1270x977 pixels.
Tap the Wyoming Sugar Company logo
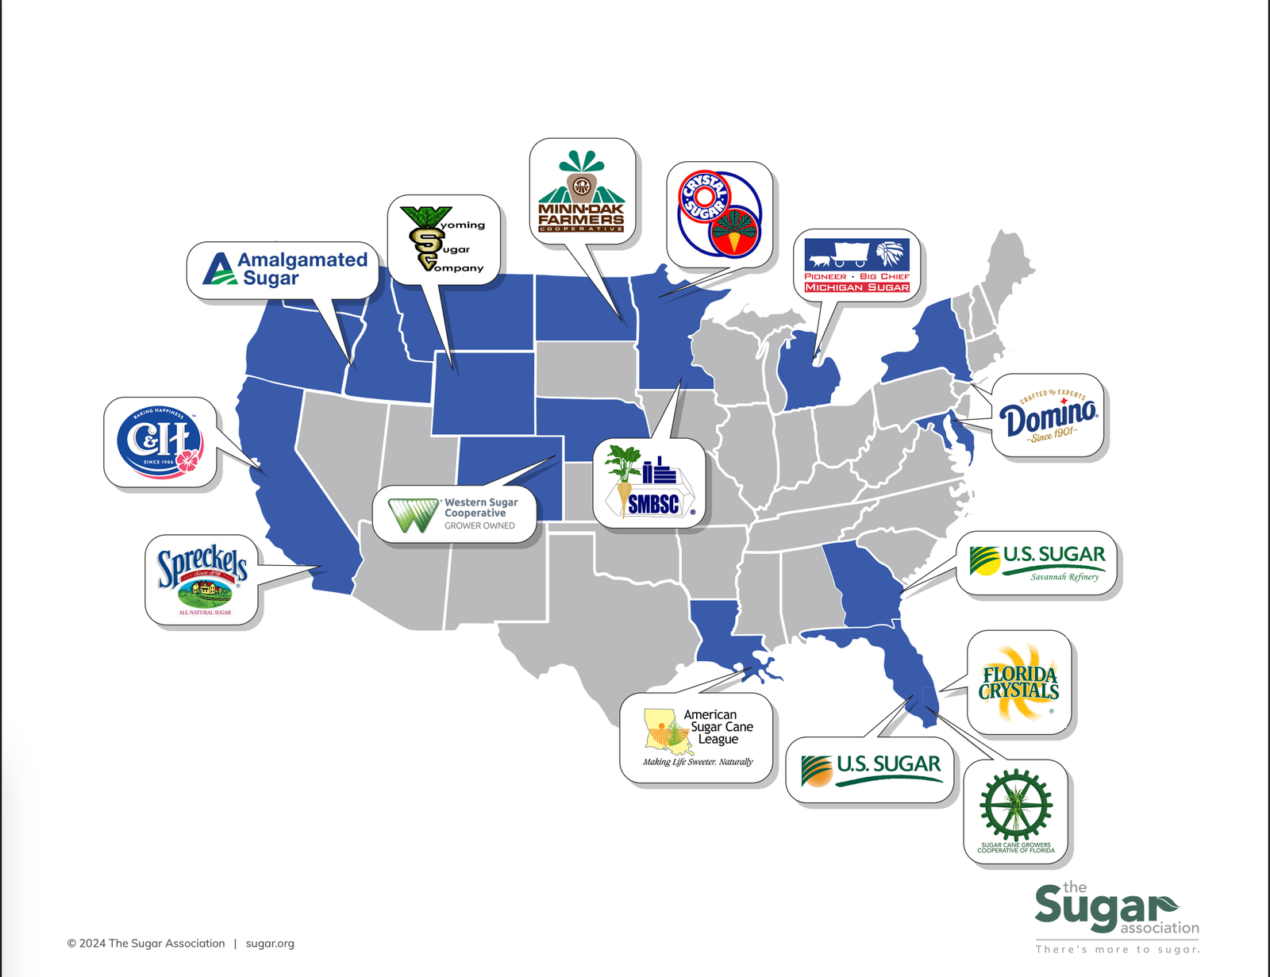[443, 239]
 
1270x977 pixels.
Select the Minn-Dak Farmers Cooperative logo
[582, 193]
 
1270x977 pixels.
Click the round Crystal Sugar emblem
[719, 214]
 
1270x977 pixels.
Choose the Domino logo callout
[1048, 415]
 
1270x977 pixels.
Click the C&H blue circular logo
[160, 442]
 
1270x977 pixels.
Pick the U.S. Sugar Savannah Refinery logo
[1037, 563]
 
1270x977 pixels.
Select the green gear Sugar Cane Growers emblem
[1016, 806]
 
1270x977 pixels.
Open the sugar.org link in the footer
[270, 943]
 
